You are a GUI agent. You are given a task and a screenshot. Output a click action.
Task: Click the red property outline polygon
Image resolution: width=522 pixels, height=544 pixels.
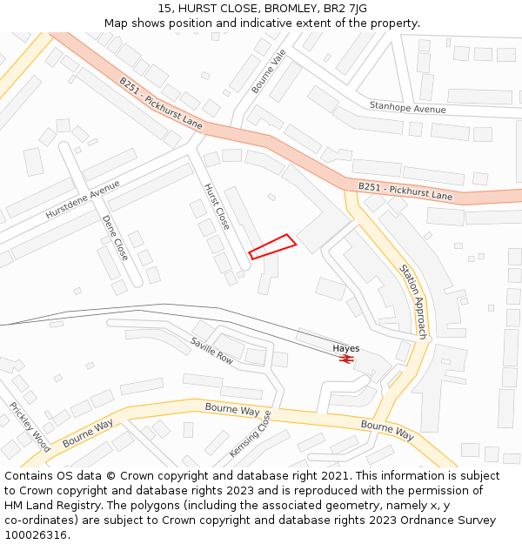coord(272,246)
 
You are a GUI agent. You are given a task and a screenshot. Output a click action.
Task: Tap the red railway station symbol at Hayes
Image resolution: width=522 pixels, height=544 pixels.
coord(345,359)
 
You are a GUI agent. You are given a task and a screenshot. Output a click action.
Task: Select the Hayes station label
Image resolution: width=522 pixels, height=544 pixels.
coord(345,348)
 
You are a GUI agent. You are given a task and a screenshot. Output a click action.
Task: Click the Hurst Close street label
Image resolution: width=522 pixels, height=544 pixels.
coord(217,206)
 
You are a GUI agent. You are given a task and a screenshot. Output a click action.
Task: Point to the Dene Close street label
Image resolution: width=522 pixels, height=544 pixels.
coord(115,238)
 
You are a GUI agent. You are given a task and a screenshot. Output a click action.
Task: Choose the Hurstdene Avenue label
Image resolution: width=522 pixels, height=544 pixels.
coord(84,199)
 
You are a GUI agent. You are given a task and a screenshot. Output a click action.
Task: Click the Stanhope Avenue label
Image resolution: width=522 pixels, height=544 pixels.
coord(407,108)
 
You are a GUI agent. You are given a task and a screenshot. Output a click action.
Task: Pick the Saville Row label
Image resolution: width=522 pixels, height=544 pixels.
coord(212,350)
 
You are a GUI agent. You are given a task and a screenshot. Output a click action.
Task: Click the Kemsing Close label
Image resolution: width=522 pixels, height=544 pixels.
coord(251,433)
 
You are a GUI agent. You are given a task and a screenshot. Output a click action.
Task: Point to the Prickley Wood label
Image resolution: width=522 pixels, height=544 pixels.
coord(30,426)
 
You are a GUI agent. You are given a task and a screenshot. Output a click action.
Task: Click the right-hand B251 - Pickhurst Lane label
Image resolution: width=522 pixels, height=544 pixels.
coord(405,191)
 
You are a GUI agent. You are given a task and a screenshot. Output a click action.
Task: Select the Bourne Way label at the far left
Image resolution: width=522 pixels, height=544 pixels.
coord(88,433)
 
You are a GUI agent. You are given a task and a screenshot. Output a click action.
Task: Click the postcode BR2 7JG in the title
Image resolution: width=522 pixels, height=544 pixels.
coord(345,9)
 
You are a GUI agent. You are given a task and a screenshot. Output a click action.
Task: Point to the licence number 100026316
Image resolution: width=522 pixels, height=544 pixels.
coord(37,534)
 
